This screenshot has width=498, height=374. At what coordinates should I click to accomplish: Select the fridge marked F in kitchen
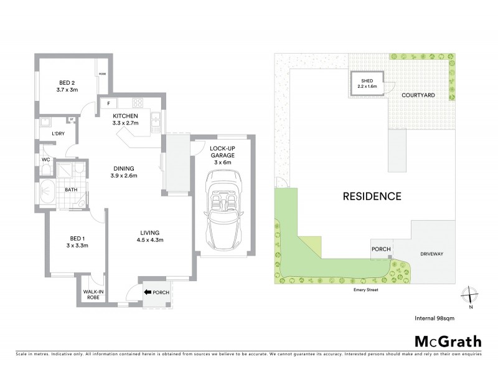(109, 103)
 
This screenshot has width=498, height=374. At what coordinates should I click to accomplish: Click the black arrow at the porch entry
(148, 291)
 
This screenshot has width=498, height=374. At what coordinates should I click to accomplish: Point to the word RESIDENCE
(372, 196)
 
